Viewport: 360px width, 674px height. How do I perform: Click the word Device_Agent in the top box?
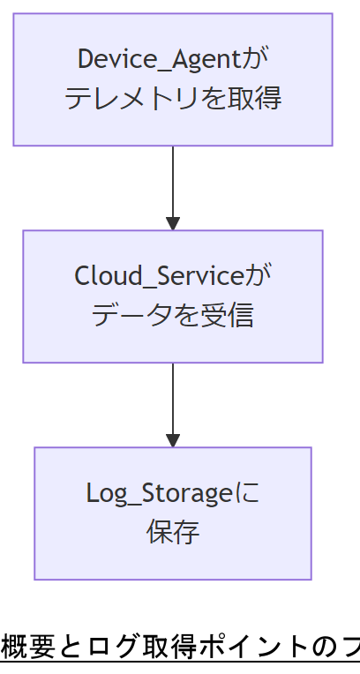(x=159, y=60)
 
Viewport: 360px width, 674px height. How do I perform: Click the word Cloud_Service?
(x=158, y=276)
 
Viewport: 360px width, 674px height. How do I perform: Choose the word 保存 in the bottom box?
(x=173, y=532)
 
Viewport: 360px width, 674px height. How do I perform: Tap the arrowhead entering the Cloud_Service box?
(x=173, y=223)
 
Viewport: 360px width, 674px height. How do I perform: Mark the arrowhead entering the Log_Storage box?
(x=173, y=440)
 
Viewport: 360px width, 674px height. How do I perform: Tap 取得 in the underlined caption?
(x=169, y=647)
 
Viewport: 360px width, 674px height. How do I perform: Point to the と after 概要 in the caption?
(x=67, y=647)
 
